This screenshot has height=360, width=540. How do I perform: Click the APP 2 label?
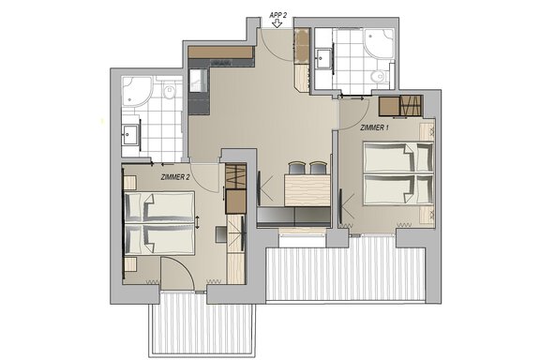[x=277, y=15]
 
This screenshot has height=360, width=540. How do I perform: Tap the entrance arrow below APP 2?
[x=277, y=23]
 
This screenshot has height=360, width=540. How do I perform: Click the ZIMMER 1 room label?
[x=375, y=127]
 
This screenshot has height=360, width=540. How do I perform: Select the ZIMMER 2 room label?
[x=175, y=177]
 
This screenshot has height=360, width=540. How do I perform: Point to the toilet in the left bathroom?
[x=170, y=91]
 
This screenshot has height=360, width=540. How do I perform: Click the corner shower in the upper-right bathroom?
[x=379, y=43]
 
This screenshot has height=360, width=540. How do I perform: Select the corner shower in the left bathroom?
[x=137, y=91]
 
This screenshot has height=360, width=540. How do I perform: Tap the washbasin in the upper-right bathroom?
[x=323, y=59]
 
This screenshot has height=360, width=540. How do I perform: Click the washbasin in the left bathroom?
[x=130, y=134]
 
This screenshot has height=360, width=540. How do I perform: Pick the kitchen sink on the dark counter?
[x=198, y=81]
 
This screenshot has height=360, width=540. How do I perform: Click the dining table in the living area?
[x=307, y=190]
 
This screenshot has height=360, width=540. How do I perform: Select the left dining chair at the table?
[x=296, y=168]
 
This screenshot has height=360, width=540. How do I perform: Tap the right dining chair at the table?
[x=318, y=168]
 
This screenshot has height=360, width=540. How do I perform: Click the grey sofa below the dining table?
[x=293, y=217]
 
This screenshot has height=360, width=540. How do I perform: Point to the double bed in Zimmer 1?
[x=398, y=174]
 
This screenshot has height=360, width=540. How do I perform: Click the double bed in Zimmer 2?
[x=158, y=223]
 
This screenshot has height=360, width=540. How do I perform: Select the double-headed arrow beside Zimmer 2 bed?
[x=197, y=222]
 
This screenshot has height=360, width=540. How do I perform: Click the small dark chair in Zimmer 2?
[x=220, y=234]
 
